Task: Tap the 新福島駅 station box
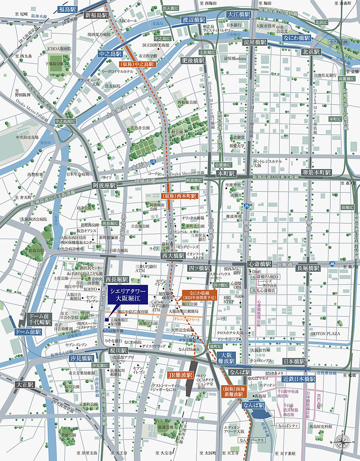point(97,15)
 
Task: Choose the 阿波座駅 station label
point(104,186)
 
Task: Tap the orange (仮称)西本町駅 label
point(179,196)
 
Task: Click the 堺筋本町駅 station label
point(317,173)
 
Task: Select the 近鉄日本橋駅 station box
point(298,379)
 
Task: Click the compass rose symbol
point(342,442)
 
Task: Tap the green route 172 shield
point(153,162)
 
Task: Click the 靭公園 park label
point(176,131)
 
